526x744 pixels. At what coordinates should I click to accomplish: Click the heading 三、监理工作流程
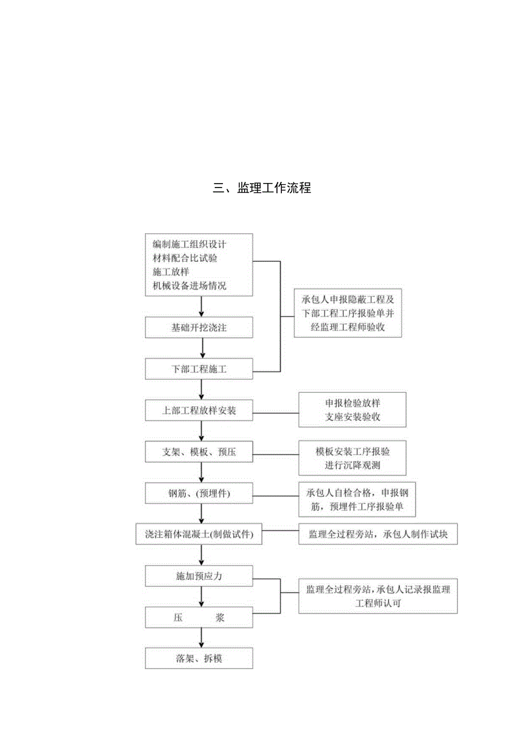coord(262,188)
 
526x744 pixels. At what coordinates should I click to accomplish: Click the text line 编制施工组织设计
coord(189,244)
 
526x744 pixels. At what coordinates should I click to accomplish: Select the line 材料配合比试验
coord(185,258)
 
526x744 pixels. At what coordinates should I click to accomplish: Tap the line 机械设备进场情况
coord(189,286)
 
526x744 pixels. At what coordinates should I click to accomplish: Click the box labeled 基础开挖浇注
coord(199,327)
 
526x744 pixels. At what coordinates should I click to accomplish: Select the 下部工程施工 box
coord(199,369)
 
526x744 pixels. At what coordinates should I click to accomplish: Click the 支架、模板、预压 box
coord(199,452)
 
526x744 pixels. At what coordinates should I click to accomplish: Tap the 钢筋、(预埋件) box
coord(199,493)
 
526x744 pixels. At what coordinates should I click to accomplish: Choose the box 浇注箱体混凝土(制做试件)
coord(199,535)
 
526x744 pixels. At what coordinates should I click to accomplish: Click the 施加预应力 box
coord(199,576)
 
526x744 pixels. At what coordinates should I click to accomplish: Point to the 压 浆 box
coord(199,618)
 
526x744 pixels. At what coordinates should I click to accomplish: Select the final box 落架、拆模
coord(199,659)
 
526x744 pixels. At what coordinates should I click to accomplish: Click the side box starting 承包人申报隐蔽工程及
coord(348,313)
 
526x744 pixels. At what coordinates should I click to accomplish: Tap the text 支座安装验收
coord(352,417)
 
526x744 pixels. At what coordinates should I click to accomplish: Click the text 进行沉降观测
coord(352,466)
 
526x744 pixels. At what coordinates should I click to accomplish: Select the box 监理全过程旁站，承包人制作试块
coord(377,535)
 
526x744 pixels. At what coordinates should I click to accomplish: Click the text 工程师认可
coord(377,603)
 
